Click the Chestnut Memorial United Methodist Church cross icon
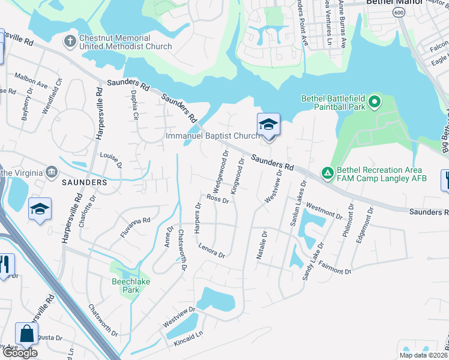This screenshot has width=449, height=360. click(70, 41)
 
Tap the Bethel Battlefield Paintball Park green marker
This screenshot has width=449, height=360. click(375, 101)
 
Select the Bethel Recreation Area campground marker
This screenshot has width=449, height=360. click(327, 173)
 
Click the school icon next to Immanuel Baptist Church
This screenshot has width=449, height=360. click(268, 125)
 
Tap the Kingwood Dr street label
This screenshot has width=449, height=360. click(238, 175)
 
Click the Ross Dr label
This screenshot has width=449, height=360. click(217, 198)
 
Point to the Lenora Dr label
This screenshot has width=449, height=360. click(211, 250)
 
